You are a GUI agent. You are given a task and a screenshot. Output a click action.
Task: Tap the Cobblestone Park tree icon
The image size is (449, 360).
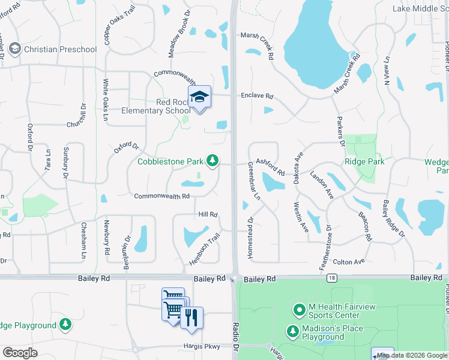coord(212,160)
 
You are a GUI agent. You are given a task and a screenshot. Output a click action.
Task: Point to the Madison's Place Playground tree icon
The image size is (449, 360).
coord(293,331)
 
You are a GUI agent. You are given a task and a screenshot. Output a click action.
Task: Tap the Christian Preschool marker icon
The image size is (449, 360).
coord(15,49)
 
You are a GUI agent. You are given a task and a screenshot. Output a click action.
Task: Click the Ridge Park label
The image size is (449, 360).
coord(364,162)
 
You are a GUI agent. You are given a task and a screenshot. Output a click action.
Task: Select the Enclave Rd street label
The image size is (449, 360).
coord(257,96)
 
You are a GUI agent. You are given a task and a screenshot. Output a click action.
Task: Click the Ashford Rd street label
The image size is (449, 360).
coord(270,166)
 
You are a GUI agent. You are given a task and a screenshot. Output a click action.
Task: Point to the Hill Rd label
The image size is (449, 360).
coord(207,214)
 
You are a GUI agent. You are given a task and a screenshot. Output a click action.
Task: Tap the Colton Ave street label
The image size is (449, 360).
coord(349,262)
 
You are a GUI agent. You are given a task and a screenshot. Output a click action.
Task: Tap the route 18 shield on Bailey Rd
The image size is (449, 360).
coord(331,278)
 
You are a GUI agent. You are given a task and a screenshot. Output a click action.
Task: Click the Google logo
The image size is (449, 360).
coord(20,353)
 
